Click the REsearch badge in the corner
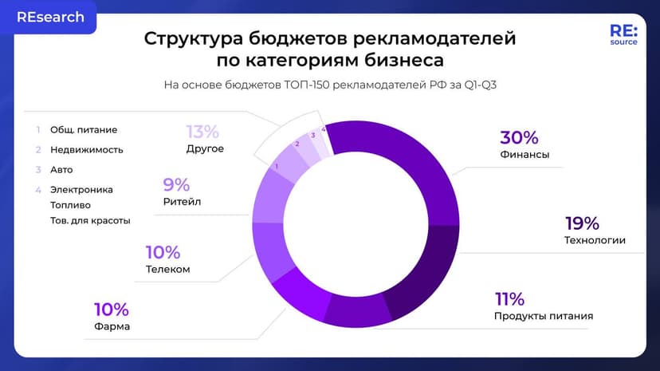pyautogui.click(x=50, y=17)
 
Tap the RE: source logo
pyautogui.click(x=623, y=34)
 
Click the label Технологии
pyautogui.click(x=595, y=240)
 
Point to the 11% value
pyautogui.click(x=509, y=299)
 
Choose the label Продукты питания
pyautogui.click(x=544, y=316)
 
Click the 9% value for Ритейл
pyautogui.click(x=176, y=185)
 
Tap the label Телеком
pyautogui.click(x=167, y=269)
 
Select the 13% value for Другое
pyautogui.click(x=202, y=132)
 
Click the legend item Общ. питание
pyautogui.click(x=84, y=129)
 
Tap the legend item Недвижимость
pyautogui.click(x=87, y=149)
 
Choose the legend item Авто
pyautogui.click(x=61, y=170)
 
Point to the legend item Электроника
pyautogui.click(x=81, y=190)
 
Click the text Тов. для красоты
pyautogui.click(x=89, y=220)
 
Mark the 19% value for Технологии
pyautogui.click(x=582, y=223)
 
